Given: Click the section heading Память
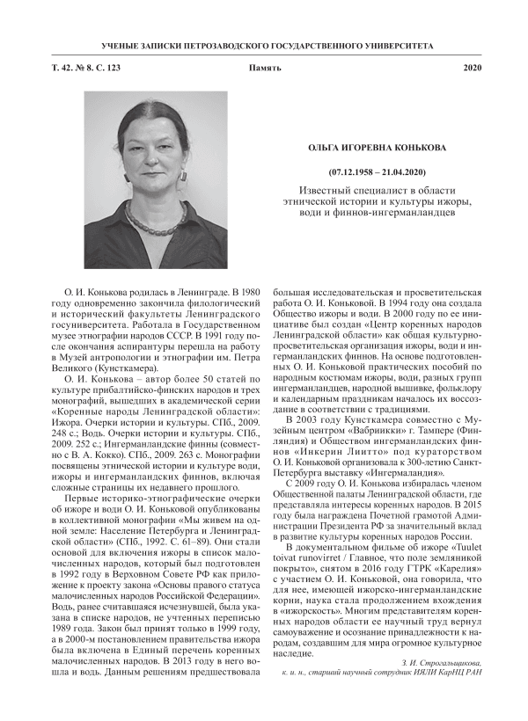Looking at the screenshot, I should coord(264,68).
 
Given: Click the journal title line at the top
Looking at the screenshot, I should coord(263,42).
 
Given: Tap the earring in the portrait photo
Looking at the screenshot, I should coord(183,175).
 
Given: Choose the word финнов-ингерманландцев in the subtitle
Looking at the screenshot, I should coord(398,214).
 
